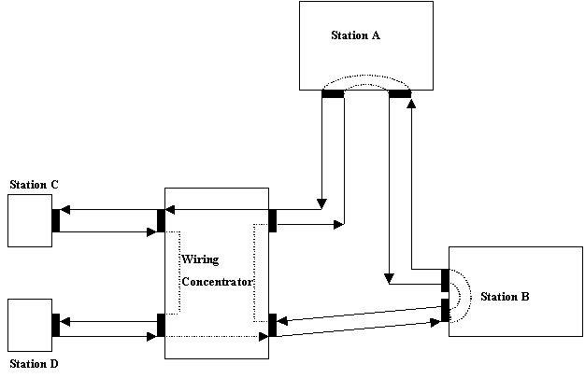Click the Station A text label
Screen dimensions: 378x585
click(355, 36)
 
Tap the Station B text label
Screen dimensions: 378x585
click(505, 298)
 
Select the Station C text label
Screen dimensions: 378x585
click(35, 185)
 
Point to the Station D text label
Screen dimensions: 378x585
click(35, 363)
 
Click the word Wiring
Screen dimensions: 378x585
click(199, 259)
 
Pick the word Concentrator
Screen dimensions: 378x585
click(216, 280)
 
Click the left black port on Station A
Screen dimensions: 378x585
click(333, 93)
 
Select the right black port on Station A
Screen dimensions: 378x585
click(400, 93)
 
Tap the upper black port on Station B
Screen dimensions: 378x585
click(445, 280)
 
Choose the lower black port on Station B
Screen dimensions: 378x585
click(445, 310)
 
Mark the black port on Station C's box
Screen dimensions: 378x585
click(56, 220)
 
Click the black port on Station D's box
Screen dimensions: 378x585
click(56, 325)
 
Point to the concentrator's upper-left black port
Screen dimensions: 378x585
click(161, 220)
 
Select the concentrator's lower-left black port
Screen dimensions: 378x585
click(161, 325)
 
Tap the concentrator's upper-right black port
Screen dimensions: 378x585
click(273, 220)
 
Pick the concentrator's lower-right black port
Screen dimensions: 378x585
click(273, 325)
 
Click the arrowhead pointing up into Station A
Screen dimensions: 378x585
click(412, 104)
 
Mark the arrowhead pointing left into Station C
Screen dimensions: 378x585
click(65, 212)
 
